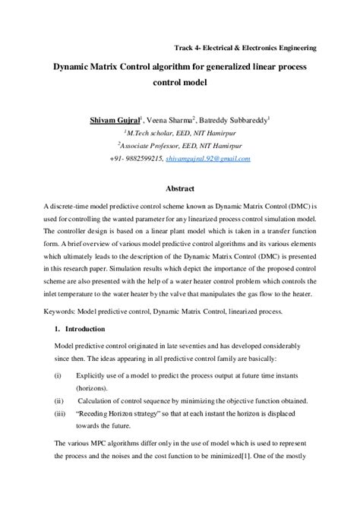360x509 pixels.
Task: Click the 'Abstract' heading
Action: tap(180, 188)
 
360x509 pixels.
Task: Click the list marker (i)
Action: tap(56, 375)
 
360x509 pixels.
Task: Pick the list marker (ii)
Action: tap(57, 400)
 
